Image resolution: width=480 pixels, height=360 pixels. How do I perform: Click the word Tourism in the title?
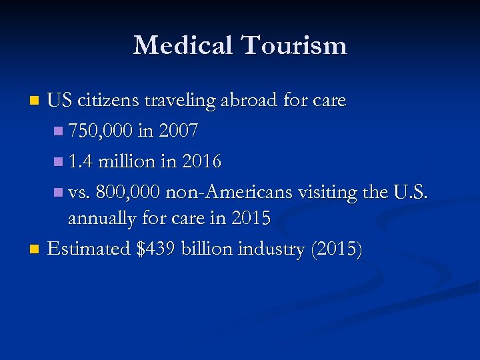pyautogui.click(x=295, y=45)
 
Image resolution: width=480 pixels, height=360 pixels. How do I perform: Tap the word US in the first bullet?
pyautogui.click(x=60, y=101)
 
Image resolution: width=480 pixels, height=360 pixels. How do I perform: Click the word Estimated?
pyautogui.click(x=89, y=249)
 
